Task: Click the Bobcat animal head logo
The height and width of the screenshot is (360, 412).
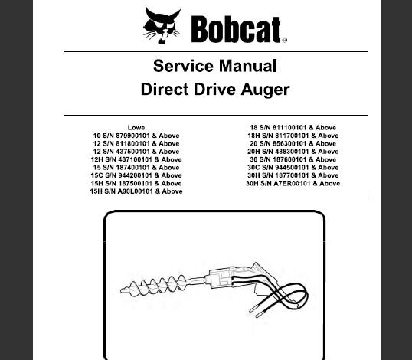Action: pos(162,25)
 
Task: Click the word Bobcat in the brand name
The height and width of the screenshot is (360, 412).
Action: pos(236,29)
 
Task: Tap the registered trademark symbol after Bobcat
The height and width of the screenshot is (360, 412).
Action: pos(285,40)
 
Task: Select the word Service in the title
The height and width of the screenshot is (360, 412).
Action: pos(183,66)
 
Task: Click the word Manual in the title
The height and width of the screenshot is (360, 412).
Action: pos(248,66)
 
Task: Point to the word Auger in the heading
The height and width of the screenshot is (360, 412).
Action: pos(265,90)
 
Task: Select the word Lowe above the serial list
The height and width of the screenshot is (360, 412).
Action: pos(136,127)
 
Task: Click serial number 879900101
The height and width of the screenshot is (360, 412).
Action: pos(132,136)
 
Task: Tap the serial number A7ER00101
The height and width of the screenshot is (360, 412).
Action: pos(292,183)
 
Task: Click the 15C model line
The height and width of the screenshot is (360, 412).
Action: pos(136,175)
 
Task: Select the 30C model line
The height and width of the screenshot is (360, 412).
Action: pos(293,168)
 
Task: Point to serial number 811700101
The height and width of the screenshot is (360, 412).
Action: pos(292,136)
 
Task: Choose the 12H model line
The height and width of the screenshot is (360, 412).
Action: pos(136,159)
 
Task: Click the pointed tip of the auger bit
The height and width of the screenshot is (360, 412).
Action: pos(122,290)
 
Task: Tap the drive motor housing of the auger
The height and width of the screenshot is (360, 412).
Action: pos(219,278)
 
